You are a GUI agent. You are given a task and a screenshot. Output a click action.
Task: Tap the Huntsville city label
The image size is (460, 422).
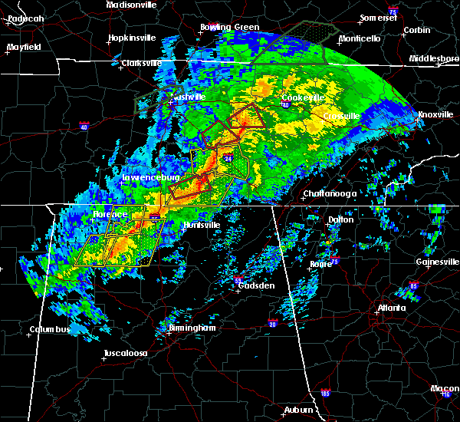point(202,225)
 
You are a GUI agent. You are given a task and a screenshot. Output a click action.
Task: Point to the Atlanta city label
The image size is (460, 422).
point(392,308)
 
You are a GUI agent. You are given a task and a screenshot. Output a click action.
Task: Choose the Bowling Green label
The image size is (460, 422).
point(229,27)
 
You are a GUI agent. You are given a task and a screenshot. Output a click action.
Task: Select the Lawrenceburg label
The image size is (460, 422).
point(150,178)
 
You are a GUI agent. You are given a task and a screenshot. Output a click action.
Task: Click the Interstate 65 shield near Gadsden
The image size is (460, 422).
point(237,279)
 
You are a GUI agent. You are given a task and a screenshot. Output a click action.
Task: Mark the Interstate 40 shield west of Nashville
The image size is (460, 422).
point(84,124)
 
